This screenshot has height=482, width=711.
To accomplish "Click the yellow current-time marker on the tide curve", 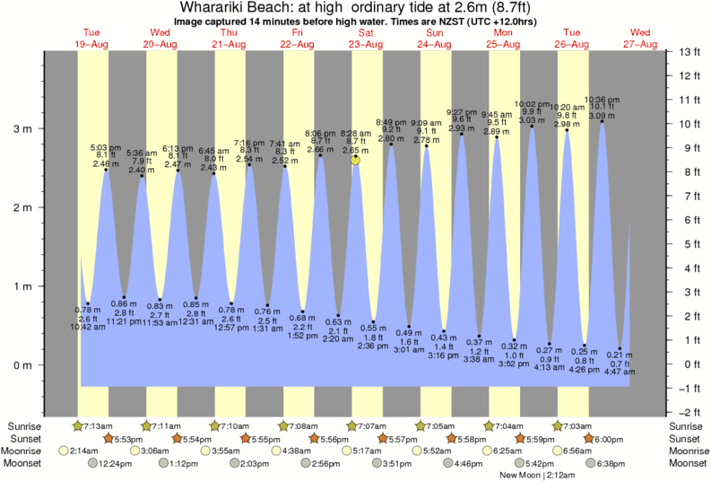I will pos(356,160).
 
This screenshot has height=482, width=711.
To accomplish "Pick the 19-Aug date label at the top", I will pos(92,44).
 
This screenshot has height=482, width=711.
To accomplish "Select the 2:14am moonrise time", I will pos(82,451).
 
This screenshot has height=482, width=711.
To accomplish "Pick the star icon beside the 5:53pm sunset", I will pos(108,438).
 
